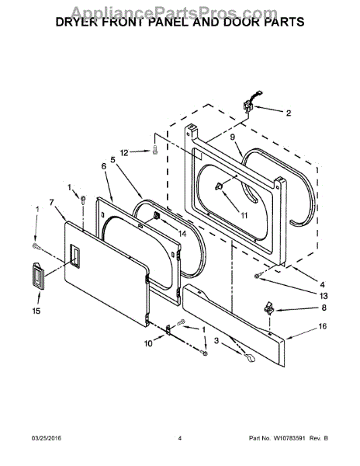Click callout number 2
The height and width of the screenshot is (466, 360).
click(x=289, y=113)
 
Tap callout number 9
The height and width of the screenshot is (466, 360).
click(x=233, y=137)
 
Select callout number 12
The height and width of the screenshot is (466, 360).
click(x=124, y=153)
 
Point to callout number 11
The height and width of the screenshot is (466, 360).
click(x=244, y=215)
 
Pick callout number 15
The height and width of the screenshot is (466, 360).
click(x=36, y=311)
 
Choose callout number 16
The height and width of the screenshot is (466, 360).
click(x=323, y=326)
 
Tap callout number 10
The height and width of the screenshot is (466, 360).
click(x=148, y=343)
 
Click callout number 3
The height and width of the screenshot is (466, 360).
click(x=216, y=341)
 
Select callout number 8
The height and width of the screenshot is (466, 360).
click(x=324, y=308)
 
